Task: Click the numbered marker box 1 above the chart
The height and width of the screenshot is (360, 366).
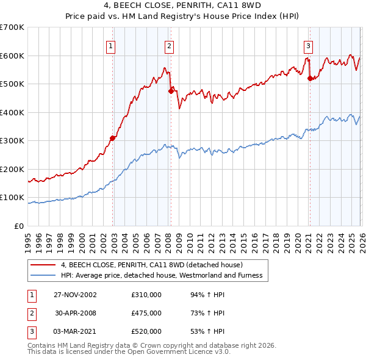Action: [x=110, y=45]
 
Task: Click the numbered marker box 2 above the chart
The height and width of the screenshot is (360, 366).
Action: [x=168, y=45]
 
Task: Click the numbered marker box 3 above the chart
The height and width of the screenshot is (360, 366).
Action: [x=308, y=45]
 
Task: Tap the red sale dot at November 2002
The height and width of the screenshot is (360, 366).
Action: [x=113, y=138]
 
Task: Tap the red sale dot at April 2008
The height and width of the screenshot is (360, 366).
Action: [x=171, y=91]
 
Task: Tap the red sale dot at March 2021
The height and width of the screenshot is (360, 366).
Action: [x=310, y=78]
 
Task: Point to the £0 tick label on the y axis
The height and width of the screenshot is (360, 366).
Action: [x=18, y=226]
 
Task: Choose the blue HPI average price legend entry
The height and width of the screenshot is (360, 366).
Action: [x=161, y=276]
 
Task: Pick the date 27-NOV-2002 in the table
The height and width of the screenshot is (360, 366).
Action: [x=75, y=295]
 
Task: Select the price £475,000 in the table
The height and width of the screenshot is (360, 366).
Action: [x=146, y=313]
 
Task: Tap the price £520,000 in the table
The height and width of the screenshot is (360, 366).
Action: [x=146, y=331]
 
